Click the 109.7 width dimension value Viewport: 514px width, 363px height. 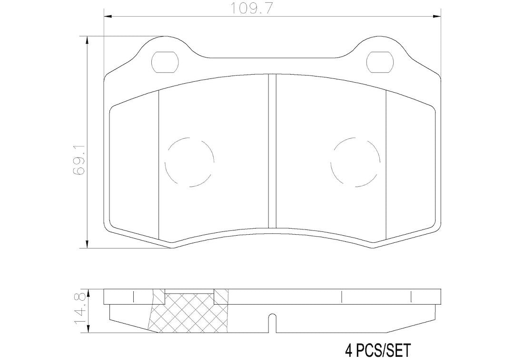click(x=252, y=8)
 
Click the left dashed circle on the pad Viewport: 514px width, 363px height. click(x=189, y=162)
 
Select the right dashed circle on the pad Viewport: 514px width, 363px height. click(x=356, y=162)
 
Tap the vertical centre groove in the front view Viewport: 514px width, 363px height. click(x=272, y=151)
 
